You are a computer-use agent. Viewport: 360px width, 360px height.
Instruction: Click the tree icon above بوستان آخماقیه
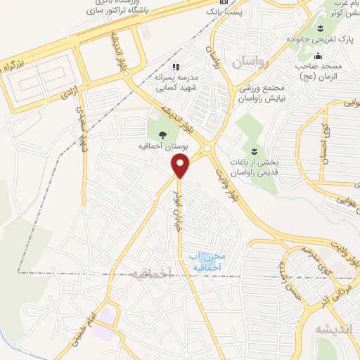163,135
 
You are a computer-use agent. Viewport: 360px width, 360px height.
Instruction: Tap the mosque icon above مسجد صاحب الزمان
318,56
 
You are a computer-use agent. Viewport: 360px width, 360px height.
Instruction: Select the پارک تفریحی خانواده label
321,39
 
